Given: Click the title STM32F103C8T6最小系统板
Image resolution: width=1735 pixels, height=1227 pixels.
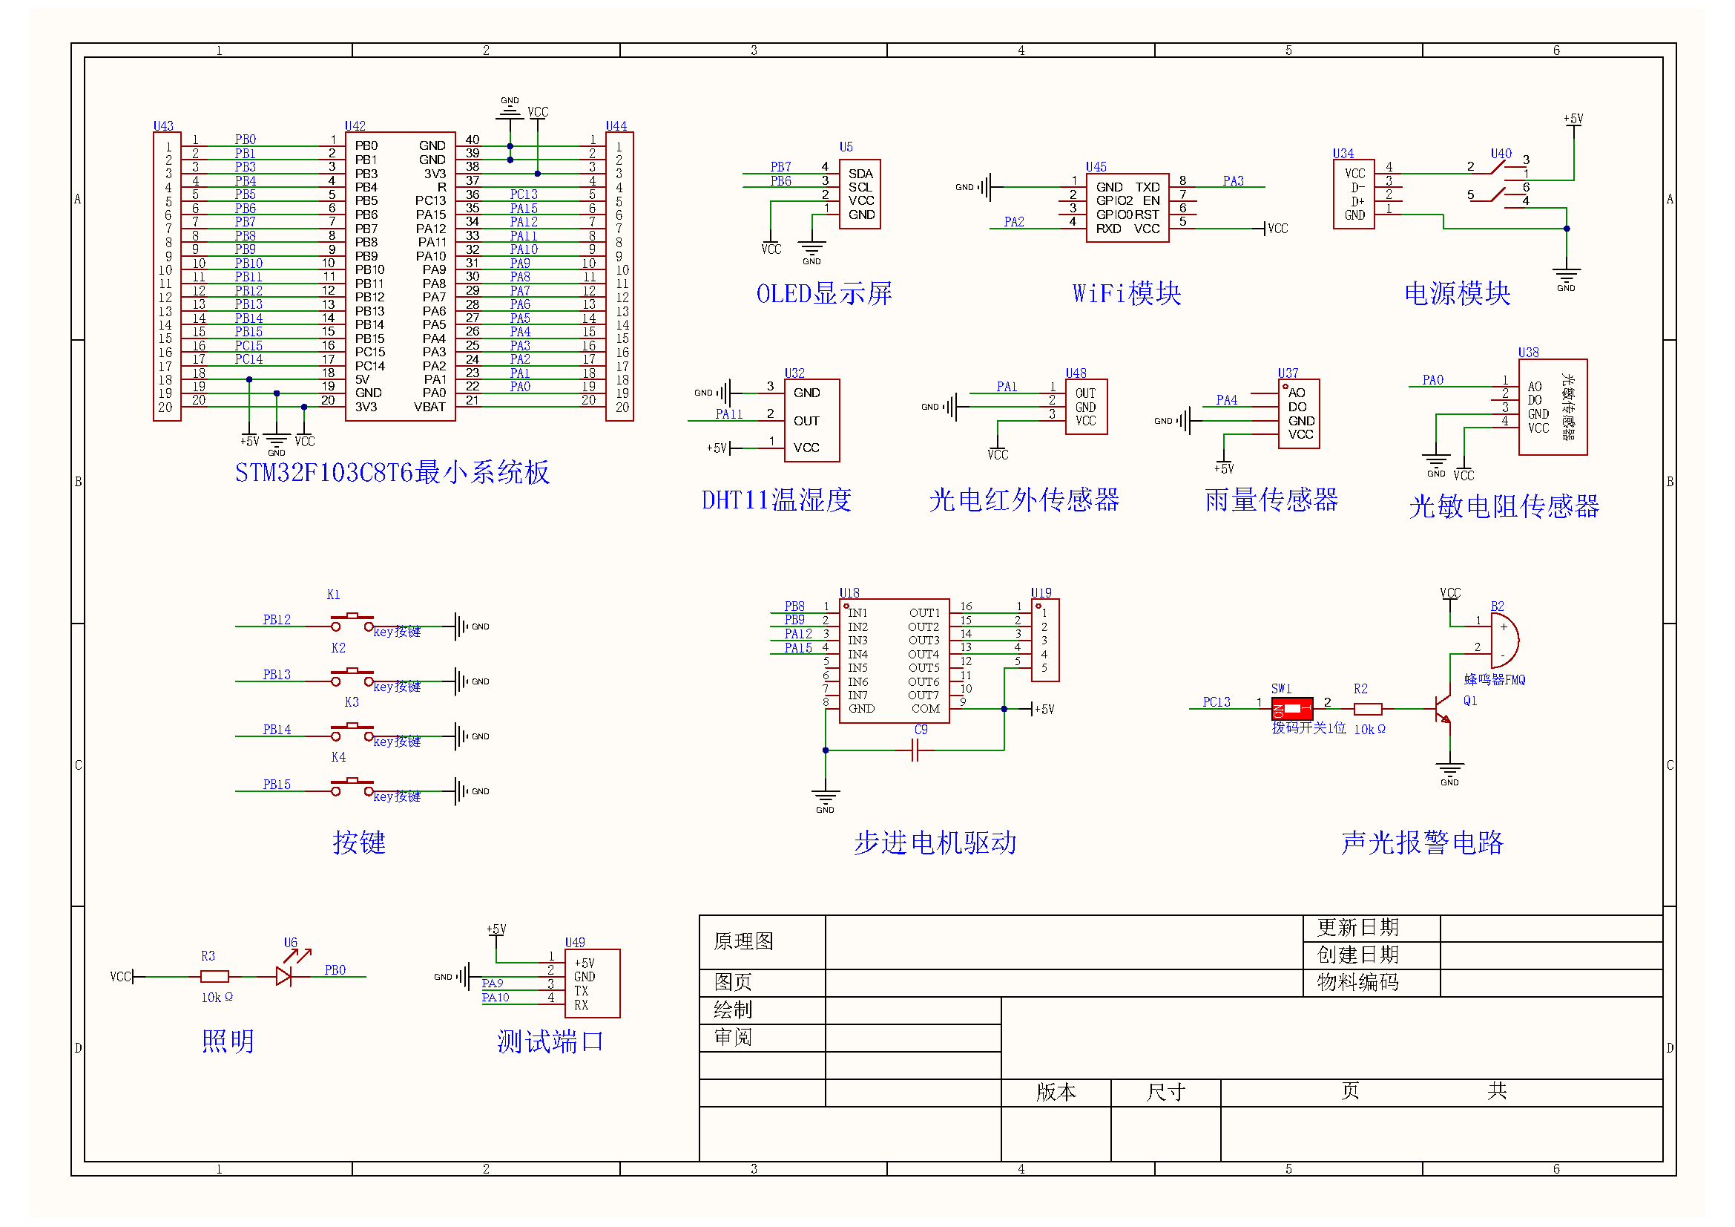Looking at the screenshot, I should pyautogui.click(x=392, y=473).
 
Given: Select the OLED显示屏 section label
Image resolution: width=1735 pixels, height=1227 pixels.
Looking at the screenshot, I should pyautogui.click(x=823, y=293).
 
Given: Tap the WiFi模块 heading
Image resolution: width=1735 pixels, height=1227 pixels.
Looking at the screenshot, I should pyautogui.click(x=1126, y=293).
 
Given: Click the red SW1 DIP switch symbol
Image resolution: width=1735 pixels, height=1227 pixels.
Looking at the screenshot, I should pyautogui.click(x=1291, y=709).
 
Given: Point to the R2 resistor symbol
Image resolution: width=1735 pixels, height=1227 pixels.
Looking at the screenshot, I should pyautogui.click(x=1367, y=709).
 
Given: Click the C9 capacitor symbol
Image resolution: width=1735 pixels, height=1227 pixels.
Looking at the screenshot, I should pyautogui.click(x=915, y=750).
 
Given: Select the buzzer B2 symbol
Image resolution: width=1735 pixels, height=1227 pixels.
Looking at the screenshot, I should pyautogui.click(x=1503, y=640).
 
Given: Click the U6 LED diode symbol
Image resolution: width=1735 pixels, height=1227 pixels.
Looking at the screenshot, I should pyautogui.click(x=284, y=977).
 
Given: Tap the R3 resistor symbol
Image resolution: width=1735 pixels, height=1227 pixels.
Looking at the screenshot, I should pyautogui.click(x=214, y=977).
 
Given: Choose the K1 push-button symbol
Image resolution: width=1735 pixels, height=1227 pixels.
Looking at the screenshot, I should pyautogui.click(x=352, y=623).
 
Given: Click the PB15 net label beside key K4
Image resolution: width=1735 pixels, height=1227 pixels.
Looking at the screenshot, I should pyautogui.click(x=277, y=785).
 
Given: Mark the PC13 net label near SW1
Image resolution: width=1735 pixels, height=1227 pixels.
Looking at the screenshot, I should pyautogui.click(x=1216, y=702).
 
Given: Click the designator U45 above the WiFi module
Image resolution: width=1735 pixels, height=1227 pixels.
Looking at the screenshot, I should pyautogui.click(x=1096, y=166).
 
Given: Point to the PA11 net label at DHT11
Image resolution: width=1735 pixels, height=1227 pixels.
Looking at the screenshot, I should pyautogui.click(x=728, y=414).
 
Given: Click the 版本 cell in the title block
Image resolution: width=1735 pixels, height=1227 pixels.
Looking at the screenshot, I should pyautogui.click(x=1056, y=1092).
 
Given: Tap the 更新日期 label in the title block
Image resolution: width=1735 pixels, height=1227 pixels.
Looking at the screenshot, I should pyautogui.click(x=1357, y=928).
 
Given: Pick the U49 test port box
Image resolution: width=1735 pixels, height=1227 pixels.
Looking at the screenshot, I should pyautogui.click(x=593, y=983).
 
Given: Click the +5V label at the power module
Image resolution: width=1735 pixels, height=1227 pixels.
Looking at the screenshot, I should pyautogui.click(x=1573, y=119).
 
